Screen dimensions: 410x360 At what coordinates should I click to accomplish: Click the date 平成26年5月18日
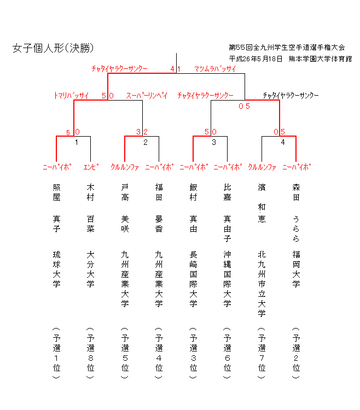coord(256,58)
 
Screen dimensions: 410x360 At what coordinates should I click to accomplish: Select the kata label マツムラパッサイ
coord(215,69)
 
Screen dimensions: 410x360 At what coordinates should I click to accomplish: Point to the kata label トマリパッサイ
coord(71,96)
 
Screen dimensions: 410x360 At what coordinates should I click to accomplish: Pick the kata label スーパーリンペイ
coord(147,96)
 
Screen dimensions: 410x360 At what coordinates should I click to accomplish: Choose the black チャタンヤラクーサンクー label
coord(290,96)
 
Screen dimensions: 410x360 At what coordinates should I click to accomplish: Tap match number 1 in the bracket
coord(77,143)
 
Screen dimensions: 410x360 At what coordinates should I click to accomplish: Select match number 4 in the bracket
coord(282,143)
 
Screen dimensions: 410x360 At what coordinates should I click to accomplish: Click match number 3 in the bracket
coord(214,143)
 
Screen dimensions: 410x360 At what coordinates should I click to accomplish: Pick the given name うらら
coord(296,229)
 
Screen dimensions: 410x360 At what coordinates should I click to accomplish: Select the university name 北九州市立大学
coord(262,284)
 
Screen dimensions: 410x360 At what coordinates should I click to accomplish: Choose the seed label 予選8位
coord(91,353)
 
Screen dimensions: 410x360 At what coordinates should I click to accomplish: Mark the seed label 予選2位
coord(296,353)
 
